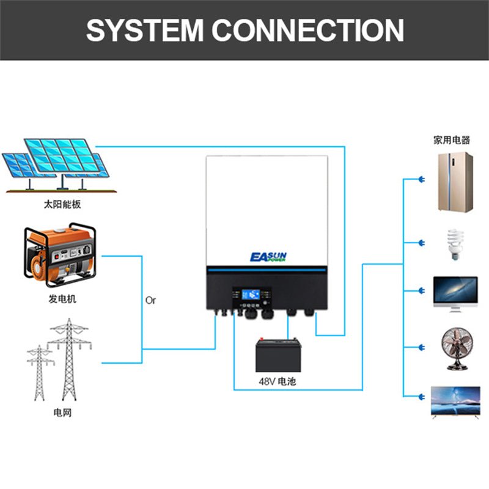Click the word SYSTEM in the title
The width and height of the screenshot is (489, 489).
[145, 30]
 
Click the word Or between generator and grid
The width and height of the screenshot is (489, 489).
[151, 301]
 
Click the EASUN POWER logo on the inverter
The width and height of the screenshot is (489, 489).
[268, 257]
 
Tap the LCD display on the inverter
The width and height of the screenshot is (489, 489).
[251, 293]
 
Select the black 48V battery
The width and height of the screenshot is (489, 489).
[278, 356]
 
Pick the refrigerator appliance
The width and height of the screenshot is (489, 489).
[455, 182]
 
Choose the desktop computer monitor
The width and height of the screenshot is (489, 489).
[455, 294]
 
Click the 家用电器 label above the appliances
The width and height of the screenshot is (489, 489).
[452, 140]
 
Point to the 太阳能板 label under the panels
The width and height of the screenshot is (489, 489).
[62, 204]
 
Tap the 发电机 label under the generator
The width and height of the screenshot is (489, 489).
[62, 300]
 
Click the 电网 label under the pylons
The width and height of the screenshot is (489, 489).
[62, 413]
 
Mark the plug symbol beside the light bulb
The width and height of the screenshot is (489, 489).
[421, 243]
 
